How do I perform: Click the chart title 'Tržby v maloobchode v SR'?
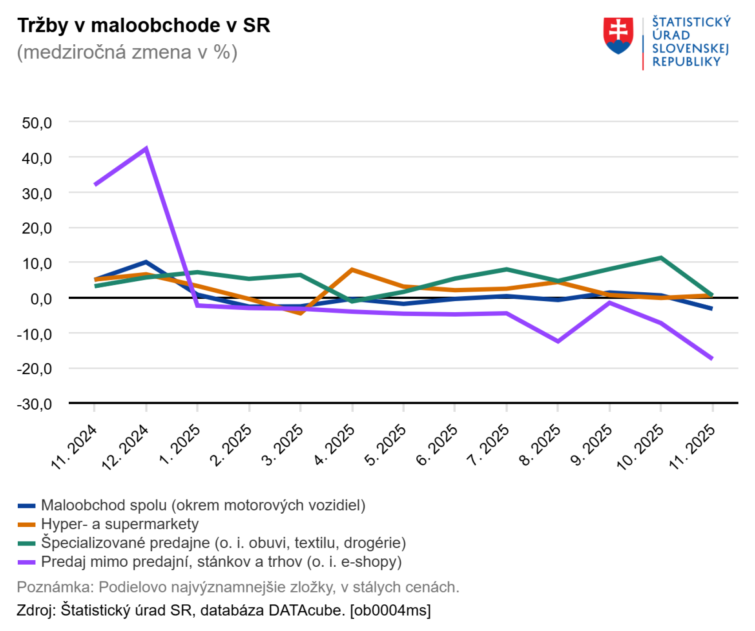point(144,26)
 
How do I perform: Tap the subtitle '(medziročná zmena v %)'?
point(127,52)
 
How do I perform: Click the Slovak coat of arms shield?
point(618,35)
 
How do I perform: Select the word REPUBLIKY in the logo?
point(686,62)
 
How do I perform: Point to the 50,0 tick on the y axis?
point(37,123)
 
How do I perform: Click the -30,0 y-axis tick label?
point(35,404)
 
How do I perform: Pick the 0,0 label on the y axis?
point(41,299)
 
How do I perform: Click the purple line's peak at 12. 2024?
point(146,149)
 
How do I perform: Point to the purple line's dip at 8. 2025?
point(558,341)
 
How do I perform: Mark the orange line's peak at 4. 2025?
point(352,270)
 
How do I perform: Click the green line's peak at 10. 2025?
point(661,258)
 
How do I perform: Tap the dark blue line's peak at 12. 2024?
point(146,262)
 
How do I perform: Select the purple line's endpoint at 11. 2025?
point(712,358)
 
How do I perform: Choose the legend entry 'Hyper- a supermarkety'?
point(120,524)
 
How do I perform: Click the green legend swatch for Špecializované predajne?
point(26,543)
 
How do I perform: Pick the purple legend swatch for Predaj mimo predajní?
point(26,562)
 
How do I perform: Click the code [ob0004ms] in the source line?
point(390,611)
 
